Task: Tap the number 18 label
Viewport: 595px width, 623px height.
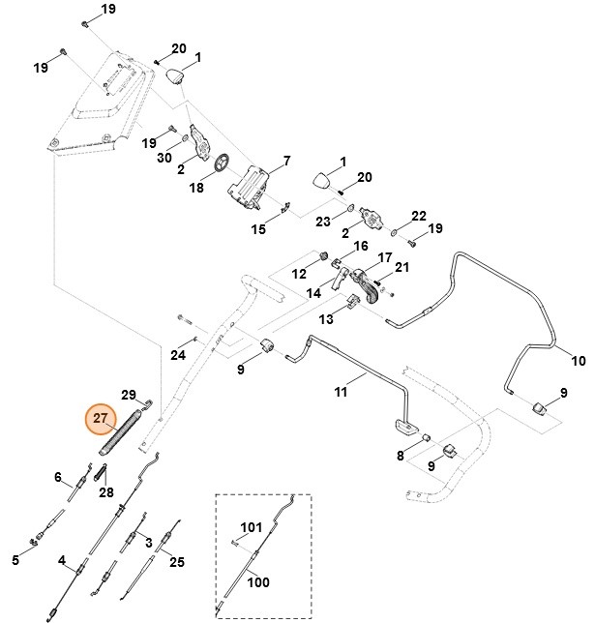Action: (196, 188)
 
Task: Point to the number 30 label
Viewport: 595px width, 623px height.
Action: (164, 158)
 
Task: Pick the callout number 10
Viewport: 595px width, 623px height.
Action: (579, 362)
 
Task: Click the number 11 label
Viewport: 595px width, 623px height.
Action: (341, 392)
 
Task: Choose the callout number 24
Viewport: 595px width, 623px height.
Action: (178, 354)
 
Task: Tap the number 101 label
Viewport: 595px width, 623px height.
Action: (252, 527)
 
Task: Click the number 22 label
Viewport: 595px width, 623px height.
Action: (419, 215)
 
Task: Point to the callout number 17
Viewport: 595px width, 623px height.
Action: (384, 258)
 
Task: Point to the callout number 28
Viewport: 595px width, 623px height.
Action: (105, 492)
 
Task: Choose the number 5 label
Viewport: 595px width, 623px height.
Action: (15, 560)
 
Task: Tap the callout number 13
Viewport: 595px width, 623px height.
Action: (326, 318)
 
